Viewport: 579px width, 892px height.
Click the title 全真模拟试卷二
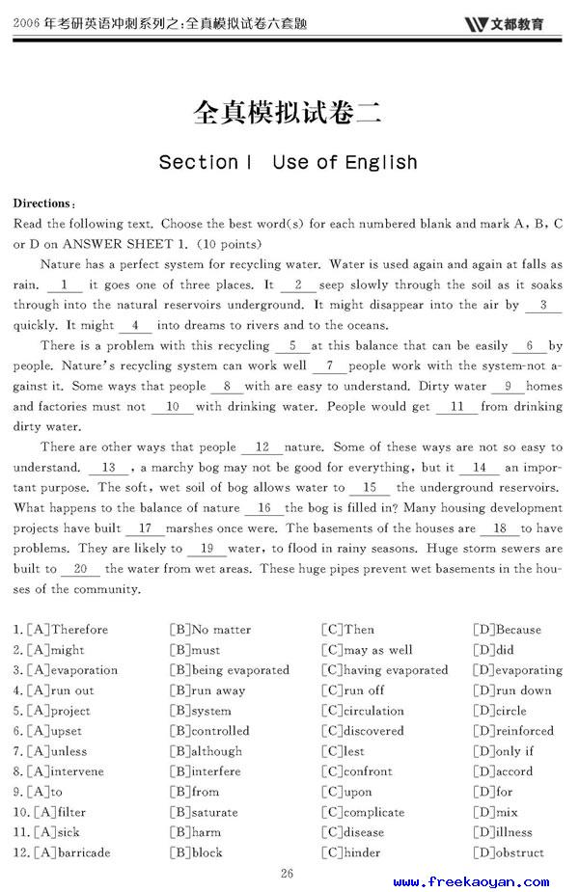pos(288,113)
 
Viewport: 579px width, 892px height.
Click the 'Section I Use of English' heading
pos(288,162)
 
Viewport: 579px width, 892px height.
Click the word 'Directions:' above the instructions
pos(43,203)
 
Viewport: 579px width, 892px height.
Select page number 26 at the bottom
pos(287,874)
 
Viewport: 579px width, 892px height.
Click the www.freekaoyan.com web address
pos(472,881)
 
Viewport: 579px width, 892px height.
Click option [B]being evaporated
pos(229,670)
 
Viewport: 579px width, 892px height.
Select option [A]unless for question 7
pos(57,751)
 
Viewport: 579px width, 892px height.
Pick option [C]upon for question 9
pos(346,792)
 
